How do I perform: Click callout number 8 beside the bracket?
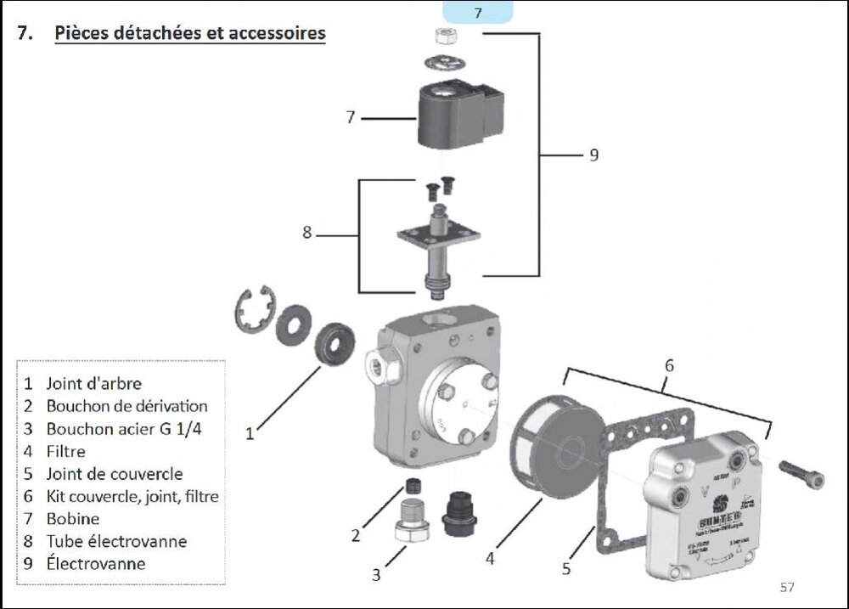click(x=306, y=232)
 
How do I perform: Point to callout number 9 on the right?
click(x=593, y=155)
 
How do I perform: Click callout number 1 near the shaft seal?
click(x=250, y=434)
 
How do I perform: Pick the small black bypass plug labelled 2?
click(x=414, y=486)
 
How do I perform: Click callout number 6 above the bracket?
click(x=669, y=365)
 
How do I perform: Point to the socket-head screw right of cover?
click(x=801, y=474)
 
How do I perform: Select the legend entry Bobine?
click(x=73, y=518)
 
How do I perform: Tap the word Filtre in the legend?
click(x=66, y=451)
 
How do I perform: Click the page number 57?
click(x=786, y=587)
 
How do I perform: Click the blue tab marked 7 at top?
click(x=478, y=13)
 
